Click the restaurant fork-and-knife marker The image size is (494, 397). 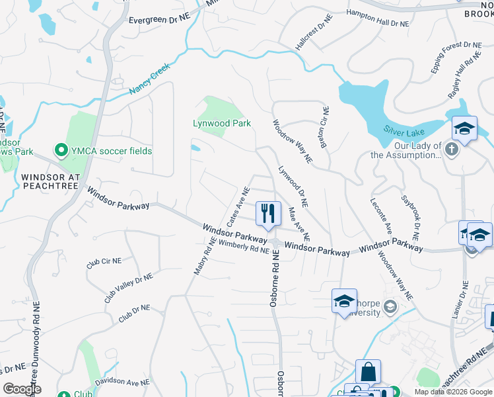pyautogui.click(x=267, y=213)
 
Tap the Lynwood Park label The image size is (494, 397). pyautogui.click(x=221, y=124)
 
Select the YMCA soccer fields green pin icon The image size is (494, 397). pyautogui.click(x=61, y=151)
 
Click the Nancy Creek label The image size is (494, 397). pyautogui.click(x=150, y=79)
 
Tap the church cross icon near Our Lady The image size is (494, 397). pyautogui.click(x=452, y=149)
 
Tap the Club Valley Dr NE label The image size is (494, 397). pyautogui.click(x=128, y=287)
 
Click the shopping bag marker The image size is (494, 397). pyautogui.click(x=368, y=372)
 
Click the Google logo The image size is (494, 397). pyautogui.click(x=22, y=389)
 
